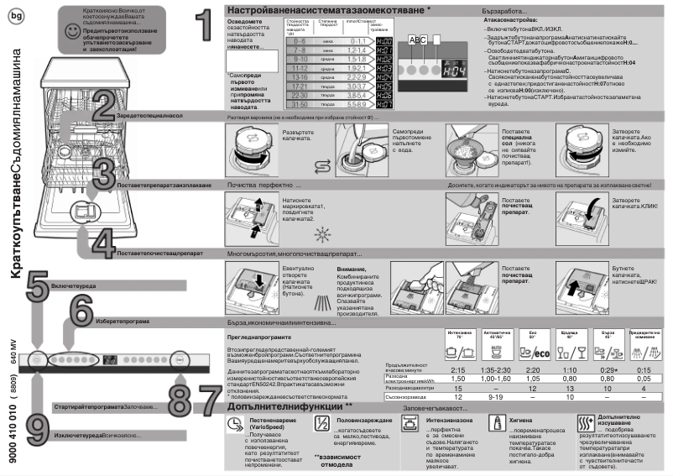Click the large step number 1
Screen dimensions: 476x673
tap(197, 28)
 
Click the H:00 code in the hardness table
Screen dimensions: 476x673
tap(381, 40)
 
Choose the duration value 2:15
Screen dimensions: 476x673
tap(458, 369)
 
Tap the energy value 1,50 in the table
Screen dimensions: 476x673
tap(458, 379)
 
